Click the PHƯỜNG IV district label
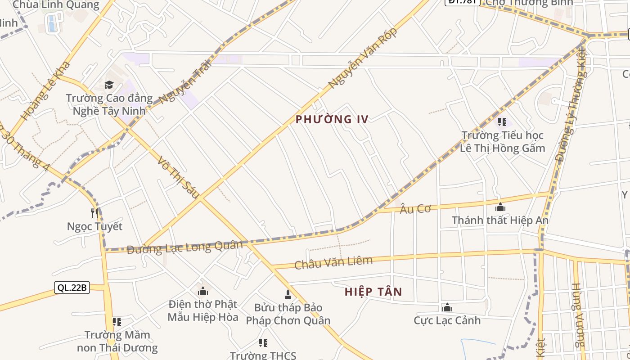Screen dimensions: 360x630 pyautogui.click(x=332, y=119)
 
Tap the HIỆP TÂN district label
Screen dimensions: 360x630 pyautogui.click(x=373, y=292)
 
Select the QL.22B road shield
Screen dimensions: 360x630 pyautogui.click(x=72, y=288)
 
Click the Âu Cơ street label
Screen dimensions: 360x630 pyautogui.click(x=415, y=208)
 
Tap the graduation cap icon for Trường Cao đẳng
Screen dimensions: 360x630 pyautogui.click(x=109, y=85)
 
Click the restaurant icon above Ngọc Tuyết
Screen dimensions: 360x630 pyautogui.click(x=94, y=213)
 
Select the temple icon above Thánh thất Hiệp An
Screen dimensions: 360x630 pyautogui.click(x=500, y=207)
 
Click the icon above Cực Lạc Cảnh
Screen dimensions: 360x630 pyautogui.click(x=447, y=308)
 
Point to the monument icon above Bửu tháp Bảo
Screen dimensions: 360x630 pyautogui.click(x=288, y=295)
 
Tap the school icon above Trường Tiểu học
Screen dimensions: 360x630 pyautogui.click(x=502, y=122)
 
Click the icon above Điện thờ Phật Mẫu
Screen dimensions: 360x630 pyautogui.click(x=203, y=292)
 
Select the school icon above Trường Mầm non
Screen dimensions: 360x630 pyautogui.click(x=117, y=322)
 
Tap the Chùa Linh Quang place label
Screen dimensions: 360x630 pyautogui.click(x=56, y=5)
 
